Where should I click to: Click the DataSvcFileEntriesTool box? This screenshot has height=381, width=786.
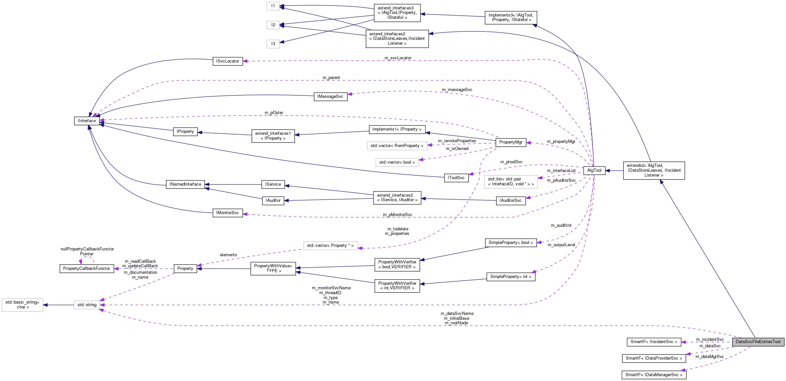tap(758, 342)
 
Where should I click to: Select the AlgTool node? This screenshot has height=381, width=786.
tap(594, 170)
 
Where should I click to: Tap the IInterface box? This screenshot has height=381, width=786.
tap(87, 121)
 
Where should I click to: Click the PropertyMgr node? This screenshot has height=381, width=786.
tap(511, 142)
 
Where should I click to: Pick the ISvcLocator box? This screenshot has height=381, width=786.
tap(228, 61)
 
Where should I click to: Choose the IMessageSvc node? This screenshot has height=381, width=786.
tap(330, 97)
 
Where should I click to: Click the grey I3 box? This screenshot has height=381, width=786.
tap(273, 44)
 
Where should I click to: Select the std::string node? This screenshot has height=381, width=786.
tap(87, 305)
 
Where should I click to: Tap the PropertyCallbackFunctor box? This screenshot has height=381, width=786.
tap(87, 269)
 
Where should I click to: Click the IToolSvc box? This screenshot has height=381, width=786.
tap(456, 178)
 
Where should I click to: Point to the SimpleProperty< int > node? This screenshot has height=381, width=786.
tap(510, 277)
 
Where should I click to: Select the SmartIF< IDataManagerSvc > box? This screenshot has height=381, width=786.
tap(654, 375)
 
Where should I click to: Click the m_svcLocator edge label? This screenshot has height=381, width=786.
tap(398, 58)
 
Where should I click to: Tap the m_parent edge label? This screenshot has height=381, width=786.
tap(331, 78)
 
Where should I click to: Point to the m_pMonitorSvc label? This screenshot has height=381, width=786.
tap(397, 215)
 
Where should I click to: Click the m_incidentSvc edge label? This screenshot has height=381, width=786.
tap(710, 340)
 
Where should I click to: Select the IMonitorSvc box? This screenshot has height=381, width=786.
tap(228, 213)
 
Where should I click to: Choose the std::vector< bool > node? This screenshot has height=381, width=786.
tap(397, 162)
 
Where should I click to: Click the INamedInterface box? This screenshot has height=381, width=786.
tap(185, 184)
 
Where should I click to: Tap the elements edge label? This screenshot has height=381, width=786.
tap(228, 255)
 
